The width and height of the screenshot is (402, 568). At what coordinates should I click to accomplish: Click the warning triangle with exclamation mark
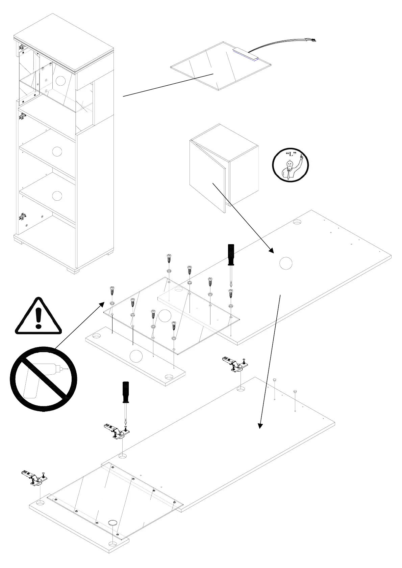[38, 317]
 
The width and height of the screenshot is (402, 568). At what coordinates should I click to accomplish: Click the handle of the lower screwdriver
[126, 392]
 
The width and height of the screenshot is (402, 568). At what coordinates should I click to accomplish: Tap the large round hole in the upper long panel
[285, 263]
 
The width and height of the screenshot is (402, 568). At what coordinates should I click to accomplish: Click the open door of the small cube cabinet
[207, 175]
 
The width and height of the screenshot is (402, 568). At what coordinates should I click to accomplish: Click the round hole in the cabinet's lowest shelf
[57, 196]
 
